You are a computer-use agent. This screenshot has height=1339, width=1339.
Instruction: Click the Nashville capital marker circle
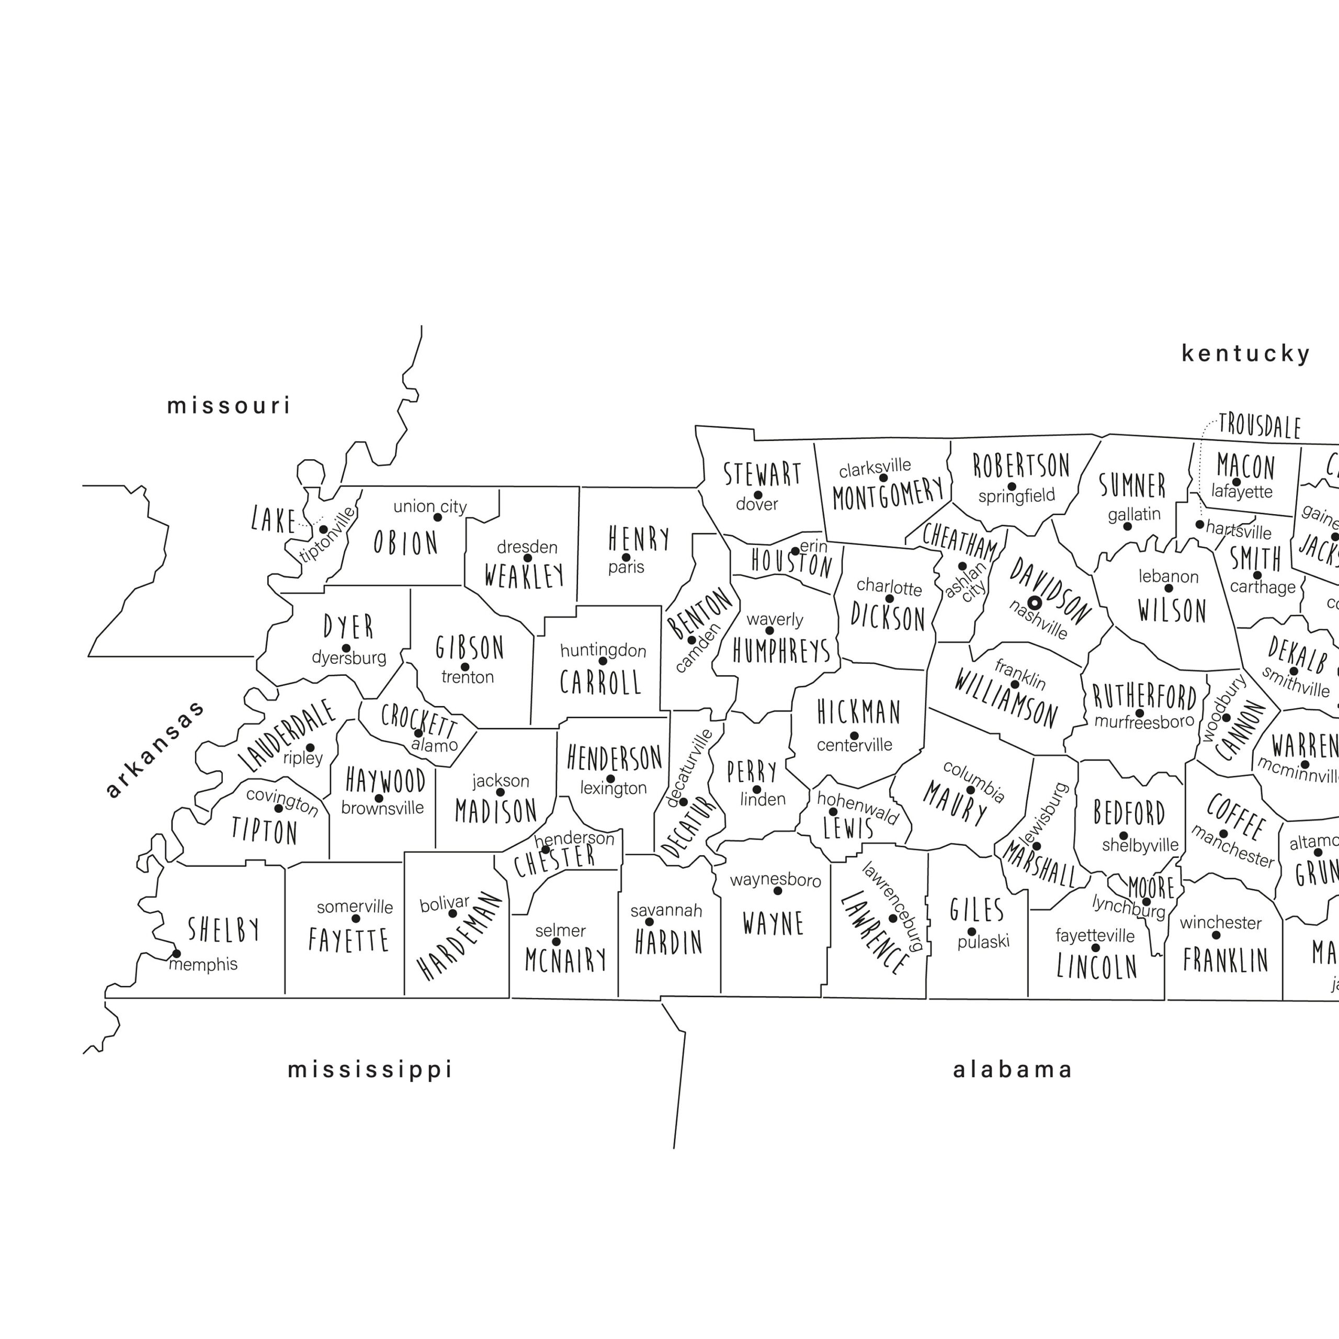pyautogui.click(x=1034, y=603)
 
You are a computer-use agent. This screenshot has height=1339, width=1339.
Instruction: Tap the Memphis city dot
pyautogui.click(x=176, y=954)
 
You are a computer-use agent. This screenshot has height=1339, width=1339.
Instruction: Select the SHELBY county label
pyautogui.click(x=224, y=930)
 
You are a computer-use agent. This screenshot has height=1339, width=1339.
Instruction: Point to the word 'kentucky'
pyautogui.click(x=1245, y=354)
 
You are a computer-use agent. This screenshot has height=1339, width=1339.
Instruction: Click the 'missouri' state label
pyautogui.click(x=229, y=405)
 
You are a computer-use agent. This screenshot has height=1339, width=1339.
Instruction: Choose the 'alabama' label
pyautogui.click(x=1013, y=1070)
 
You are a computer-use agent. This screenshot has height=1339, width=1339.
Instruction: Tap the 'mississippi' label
pyautogui.click(x=370, y=1070)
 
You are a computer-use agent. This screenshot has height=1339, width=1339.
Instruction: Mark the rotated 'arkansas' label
pyautogui.click(x=155, y=748)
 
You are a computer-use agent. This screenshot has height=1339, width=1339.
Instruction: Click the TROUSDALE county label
pyautogui.click(x=1259, y=426)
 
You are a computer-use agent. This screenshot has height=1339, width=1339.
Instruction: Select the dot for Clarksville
pyautogui.click(x=883, y=478)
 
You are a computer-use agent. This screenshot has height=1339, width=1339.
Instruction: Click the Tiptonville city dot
pyautogui.click(x=323, y=529)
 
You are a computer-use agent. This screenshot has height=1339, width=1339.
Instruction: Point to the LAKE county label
pyautogui.click(x=274, y=520)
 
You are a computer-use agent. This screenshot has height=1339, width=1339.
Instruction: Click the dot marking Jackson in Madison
pyautogui.click(x=501, y=792)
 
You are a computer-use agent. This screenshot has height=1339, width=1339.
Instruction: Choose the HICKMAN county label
pyautogui.click(x=859, y=712)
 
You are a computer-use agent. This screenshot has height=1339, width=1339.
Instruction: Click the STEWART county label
pyautogui.click(x=763, y=475)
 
